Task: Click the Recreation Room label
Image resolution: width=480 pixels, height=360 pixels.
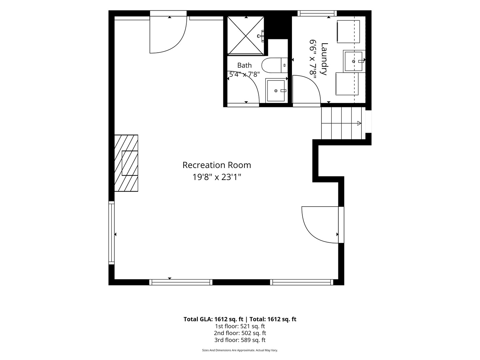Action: click(x=217, y=165)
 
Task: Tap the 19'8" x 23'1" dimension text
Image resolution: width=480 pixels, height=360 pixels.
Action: click(x=217, y=177)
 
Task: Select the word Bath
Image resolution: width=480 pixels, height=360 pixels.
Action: click(x=244, y=65)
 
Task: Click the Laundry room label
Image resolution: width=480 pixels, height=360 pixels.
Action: click(x=324, y=59)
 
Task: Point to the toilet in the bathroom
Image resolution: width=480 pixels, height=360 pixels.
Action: click(x=275, y=65)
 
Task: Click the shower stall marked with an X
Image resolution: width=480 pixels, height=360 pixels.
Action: click(x=246, y=35)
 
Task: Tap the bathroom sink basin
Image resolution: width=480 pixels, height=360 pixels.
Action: click(x=276, y=90)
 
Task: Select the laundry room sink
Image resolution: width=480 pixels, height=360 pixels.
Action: click(x=354, y=61)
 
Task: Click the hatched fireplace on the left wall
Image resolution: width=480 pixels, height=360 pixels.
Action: click(x=126, y=163)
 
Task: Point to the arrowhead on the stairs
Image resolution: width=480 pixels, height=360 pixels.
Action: click(x=359, y=123)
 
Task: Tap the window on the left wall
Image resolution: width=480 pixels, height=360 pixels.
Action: click(x=112, y=233)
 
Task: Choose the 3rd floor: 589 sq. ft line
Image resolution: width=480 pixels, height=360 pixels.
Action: click(x=240, y=340)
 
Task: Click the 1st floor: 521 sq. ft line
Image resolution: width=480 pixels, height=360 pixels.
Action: click(x=240, y=326)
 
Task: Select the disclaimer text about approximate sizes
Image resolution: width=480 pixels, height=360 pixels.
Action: click(x=240, y=350)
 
